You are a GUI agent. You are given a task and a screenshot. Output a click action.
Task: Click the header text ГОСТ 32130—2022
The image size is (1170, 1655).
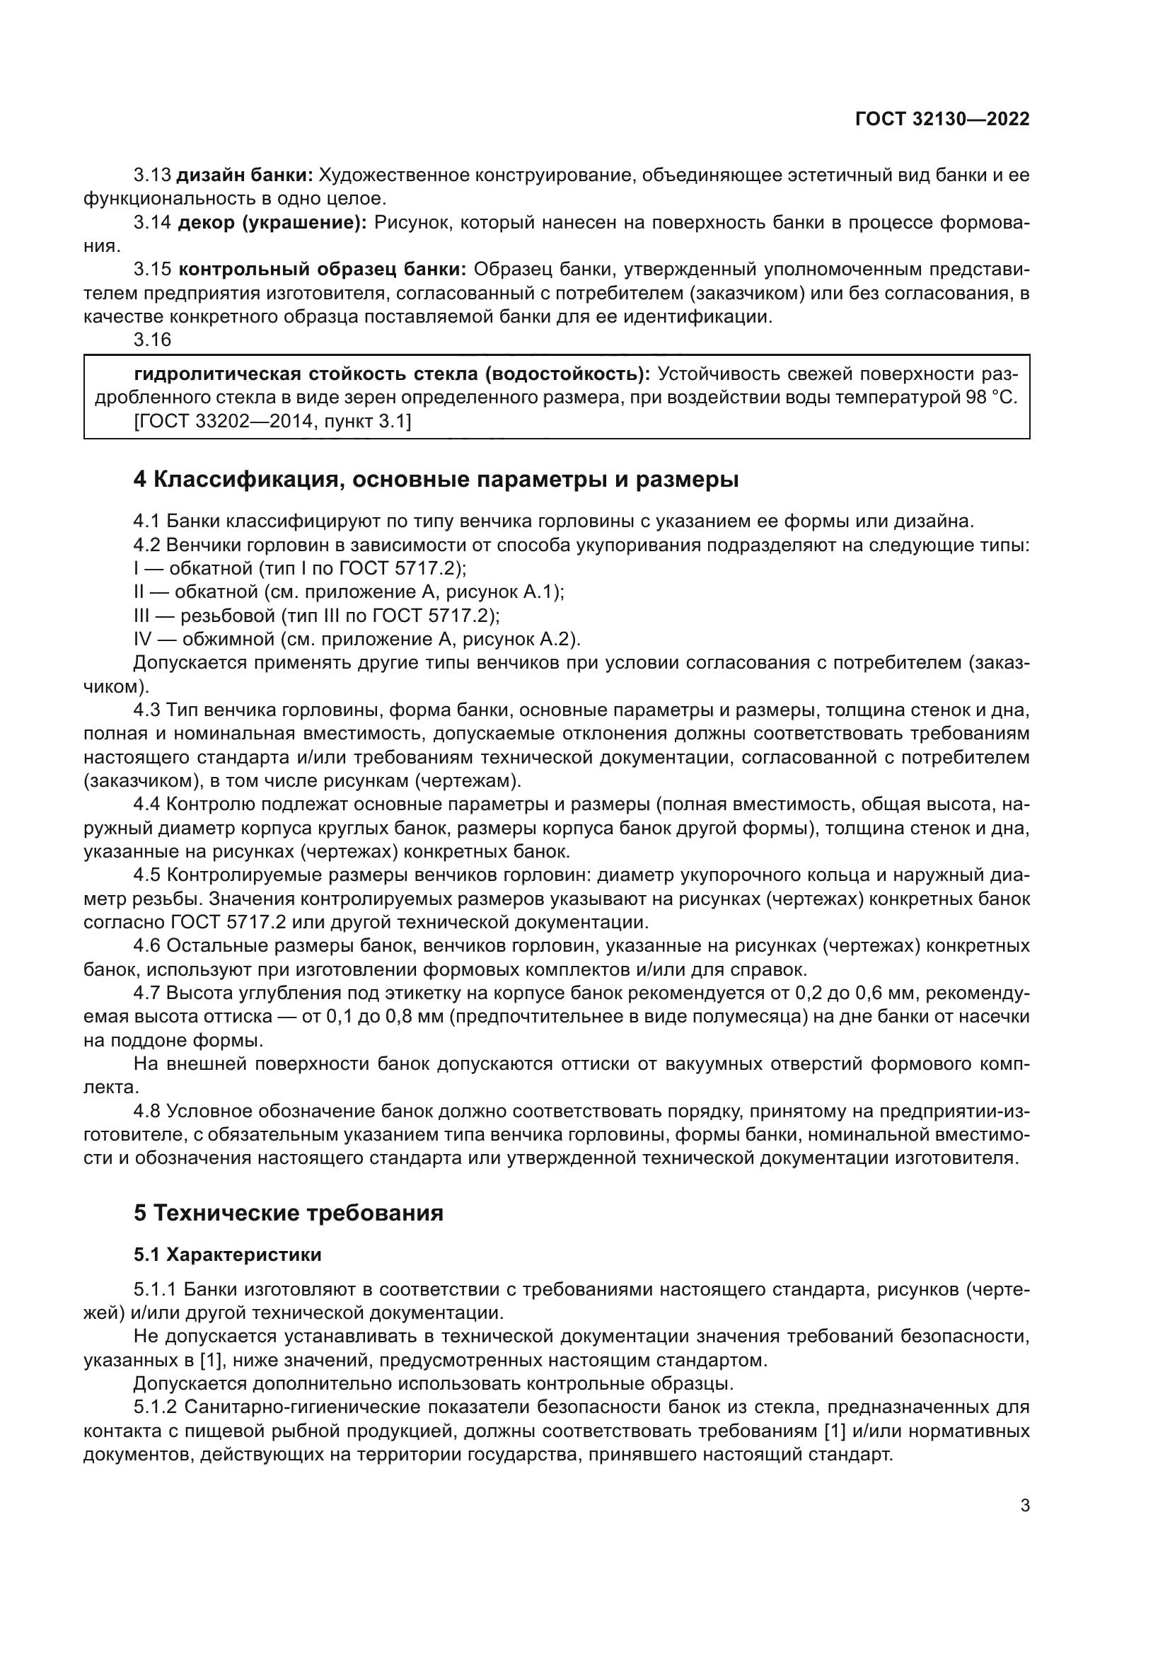pos(942,119)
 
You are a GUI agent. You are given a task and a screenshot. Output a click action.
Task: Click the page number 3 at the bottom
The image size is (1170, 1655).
pos(1024,1505)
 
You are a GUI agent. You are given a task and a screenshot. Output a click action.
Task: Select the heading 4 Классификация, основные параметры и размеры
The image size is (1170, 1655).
pos(436,479)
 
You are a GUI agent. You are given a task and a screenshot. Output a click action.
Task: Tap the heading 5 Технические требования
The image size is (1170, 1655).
pos(288,1213)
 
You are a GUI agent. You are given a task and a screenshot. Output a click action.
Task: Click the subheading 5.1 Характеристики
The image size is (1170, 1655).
pos(227,1255)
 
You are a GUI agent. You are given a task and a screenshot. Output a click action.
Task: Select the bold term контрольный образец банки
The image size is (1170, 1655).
pos(322,270)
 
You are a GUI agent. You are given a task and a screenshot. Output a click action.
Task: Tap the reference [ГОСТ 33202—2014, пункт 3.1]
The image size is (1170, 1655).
pos(272,421)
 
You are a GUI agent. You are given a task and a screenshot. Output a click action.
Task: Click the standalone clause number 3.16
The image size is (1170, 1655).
pos(152,339)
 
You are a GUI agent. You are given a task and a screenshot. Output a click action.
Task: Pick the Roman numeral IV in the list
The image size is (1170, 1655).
pos(144,640)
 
